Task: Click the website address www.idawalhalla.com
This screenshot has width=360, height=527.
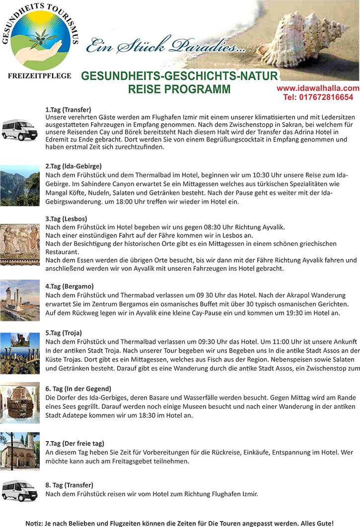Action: [x=318, y=88]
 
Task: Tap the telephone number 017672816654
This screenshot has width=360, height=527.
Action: [x=318, y=97]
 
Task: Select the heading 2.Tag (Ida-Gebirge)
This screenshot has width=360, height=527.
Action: [x=73, y=166]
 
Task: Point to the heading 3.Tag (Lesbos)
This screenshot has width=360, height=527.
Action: [x=66, y=218]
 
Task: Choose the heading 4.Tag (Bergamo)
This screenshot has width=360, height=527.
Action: [x=70, y=286]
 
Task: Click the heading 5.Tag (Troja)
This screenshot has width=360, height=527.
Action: [x=64, y=332]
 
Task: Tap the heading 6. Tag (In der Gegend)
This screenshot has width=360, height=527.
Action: [x=78, y=388]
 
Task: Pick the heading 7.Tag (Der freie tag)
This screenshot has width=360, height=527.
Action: [x=75, y=443]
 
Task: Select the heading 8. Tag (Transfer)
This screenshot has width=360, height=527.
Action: [x=69, y=484]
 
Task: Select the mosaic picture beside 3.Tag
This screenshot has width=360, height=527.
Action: [x=20, y=243]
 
